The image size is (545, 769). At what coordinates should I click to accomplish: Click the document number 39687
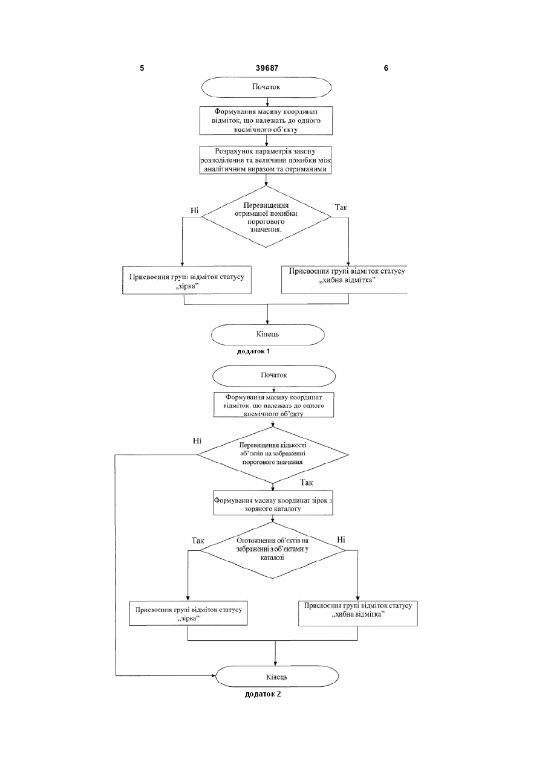pos(267,68)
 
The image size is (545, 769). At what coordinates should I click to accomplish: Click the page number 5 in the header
pos(142,68)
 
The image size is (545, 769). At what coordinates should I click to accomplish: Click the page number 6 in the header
pos(386,68)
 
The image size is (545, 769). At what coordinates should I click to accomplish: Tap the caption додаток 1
pos(253,351)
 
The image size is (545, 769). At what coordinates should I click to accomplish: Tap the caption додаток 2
pos(263,694)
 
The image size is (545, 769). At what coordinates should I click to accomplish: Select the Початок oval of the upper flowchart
pos(267,87)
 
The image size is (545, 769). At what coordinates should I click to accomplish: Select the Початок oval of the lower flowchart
pos(274,376)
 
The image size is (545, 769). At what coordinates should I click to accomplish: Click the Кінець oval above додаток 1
pos(268,335)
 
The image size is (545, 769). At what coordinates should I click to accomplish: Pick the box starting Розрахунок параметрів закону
pos(266,160)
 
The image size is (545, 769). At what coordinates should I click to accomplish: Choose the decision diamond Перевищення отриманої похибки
pos(266,217)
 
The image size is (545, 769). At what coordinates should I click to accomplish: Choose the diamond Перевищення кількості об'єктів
pos(273,454)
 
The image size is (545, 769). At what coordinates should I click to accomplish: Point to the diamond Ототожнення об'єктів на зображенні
pos(273,550)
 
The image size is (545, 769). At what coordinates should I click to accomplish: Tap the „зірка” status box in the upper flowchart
pos(187,280)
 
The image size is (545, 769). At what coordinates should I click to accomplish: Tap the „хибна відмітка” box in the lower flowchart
pos(358,613)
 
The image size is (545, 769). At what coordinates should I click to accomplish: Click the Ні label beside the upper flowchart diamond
pos(195,210)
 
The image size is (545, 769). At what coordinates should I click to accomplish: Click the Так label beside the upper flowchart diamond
pos(341,207)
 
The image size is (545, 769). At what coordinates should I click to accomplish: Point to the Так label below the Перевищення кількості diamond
pos(306,483)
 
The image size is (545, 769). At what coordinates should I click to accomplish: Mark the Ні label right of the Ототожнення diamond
pos(341,539)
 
